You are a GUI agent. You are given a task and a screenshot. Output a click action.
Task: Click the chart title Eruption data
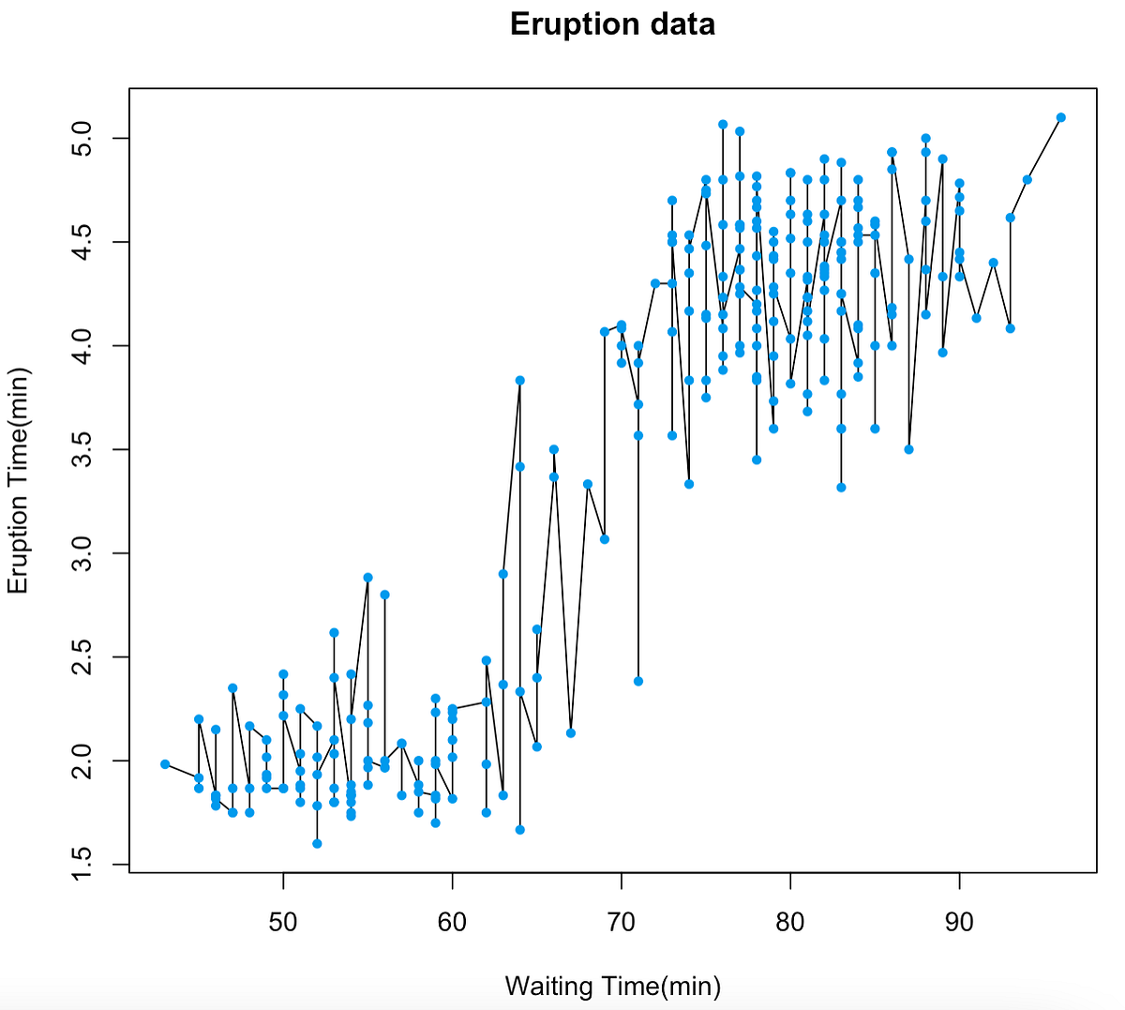tap(612, 23)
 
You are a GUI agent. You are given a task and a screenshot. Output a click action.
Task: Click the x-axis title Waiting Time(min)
tap(612, 986)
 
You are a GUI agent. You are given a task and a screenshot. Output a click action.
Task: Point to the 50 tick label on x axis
tap(283, 922)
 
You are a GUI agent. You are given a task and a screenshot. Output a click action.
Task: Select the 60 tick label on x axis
tap(452, 922)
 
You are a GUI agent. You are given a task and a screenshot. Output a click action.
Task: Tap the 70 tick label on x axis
tap(622, 922)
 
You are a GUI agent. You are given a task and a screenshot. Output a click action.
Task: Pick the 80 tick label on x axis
tap(790, 922)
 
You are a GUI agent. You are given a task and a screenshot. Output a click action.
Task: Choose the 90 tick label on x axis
tap(959, 922)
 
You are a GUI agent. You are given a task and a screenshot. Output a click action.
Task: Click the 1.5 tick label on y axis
tap(84, 864)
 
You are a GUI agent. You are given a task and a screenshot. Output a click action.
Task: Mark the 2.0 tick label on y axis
tap(84, 761)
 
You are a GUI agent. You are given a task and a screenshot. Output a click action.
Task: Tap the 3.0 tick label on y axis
tap(84, 553)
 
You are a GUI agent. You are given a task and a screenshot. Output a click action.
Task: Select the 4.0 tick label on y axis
tap(84, 346)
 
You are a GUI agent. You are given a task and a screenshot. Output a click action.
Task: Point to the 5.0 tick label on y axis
tap(84, 139)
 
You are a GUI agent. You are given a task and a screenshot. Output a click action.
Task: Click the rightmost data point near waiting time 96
tap(1061, 117)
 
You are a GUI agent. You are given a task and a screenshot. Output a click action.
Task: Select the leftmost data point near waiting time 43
tap(165, 764)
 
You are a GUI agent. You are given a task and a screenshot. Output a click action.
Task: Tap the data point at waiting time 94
tap(1027, 179)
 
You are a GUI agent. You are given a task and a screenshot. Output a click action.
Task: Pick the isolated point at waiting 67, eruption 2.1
tap(571, 733)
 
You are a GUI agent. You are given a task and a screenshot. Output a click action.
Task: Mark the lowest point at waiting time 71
tap(638, 681)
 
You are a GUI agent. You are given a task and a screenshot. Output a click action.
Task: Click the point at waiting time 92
tap(994, 263)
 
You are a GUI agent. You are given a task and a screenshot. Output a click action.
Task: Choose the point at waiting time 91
tap(977, 318)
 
